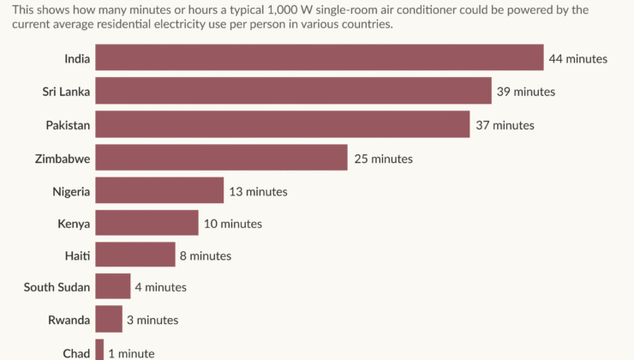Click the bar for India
(319, 58)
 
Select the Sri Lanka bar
(293, 91)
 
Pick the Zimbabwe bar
(221, 158)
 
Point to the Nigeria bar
(159, 190)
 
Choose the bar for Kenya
(147, 223)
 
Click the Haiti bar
(135, 255)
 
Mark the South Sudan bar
(113, 287)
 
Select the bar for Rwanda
(109, 320)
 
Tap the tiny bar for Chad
(99, 351)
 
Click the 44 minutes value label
(578, 59)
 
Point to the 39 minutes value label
(526, 92)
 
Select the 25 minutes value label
(383, 159)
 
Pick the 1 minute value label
(131, 353)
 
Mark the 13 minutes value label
(258, 191)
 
